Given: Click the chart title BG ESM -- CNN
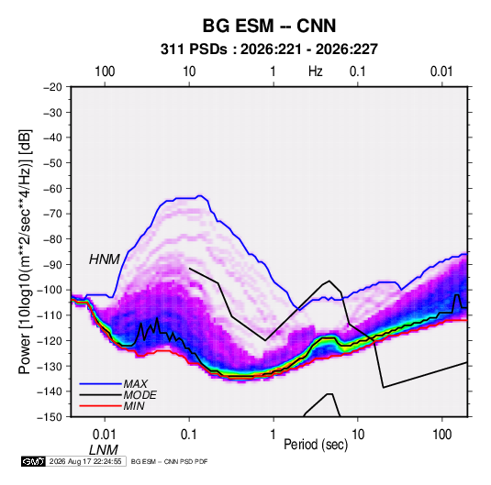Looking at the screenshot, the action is tap(269, 26).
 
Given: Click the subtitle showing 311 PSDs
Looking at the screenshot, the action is tap(269, 50).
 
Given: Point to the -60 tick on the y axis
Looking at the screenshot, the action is tap(52, 188).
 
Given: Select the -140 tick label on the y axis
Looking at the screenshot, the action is tap(50, 391).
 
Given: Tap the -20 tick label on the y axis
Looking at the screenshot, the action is tap(52, 87).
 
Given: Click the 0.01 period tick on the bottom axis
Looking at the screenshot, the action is tap(105, 435).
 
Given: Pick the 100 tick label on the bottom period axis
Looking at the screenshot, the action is tap(441, 435).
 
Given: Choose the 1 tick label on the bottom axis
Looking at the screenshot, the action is tap(273, 435).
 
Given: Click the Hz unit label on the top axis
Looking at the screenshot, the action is tap(316, 72).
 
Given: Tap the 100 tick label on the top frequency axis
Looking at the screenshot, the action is tap(105, 72).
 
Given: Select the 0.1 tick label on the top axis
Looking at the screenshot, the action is tap(358, 72).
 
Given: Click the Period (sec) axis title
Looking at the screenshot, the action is tap(316, 445).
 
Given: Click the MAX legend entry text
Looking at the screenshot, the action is tap(135, 383).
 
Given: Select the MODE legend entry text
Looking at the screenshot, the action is tap(140, 395).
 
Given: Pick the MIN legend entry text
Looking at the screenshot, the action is tap(134, 406).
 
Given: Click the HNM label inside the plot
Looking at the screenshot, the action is tap(105, 259).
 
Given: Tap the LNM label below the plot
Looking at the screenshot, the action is tap(104, 450).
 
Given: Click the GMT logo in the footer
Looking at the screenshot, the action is tap(34, 461).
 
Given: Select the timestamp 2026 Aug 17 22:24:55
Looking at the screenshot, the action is tap(85, 461).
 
